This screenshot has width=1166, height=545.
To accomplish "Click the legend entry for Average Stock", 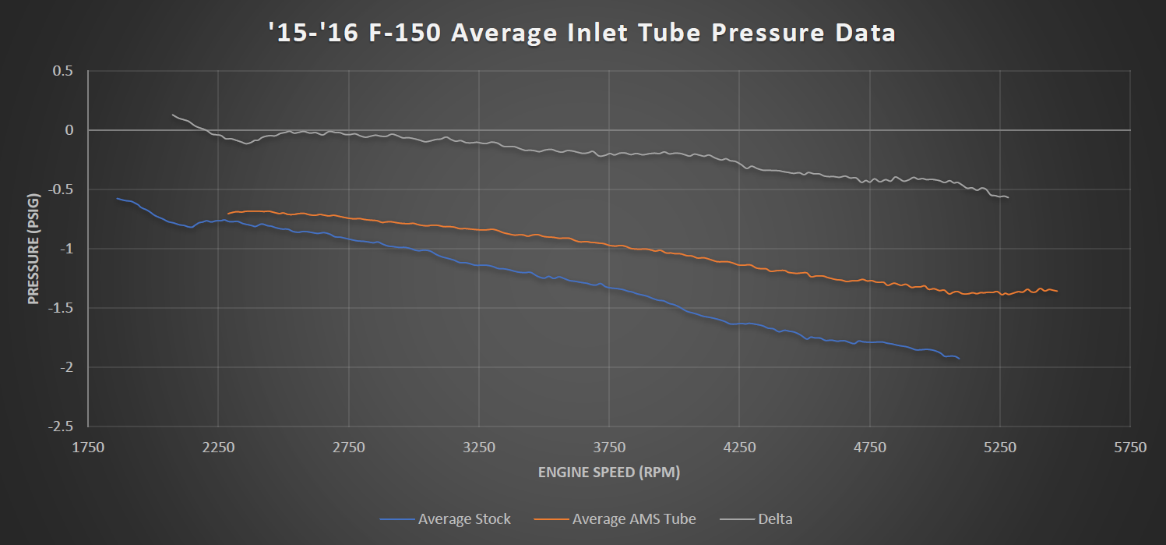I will (x=464, y=518).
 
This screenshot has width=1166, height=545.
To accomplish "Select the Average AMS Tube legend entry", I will (x=633, y=518).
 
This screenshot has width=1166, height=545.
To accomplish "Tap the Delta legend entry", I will (x=774, y=518).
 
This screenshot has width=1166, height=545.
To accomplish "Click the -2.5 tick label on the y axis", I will (x=61, y=426).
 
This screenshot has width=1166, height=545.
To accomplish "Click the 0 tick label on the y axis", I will (x=69, y=130).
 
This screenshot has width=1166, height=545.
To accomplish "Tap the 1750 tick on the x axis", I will (x=88, y=447).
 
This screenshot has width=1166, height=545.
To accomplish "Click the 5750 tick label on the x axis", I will (x=1130, y=447).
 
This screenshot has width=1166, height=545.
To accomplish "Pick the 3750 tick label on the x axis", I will (x=609, y=447).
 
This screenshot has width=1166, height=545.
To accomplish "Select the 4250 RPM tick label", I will (x=739, y=447).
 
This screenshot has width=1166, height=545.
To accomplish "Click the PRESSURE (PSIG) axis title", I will (x=33, y=248).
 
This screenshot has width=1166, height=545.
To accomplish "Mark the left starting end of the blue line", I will (x=117, y=198).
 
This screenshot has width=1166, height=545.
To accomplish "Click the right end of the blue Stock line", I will (x=959, y=358).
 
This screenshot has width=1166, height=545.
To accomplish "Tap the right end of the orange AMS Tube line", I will (x=1057, y=291).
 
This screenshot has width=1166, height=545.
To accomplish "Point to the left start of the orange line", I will (x=228, y=213).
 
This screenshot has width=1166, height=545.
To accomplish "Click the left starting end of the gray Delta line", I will (x=172, y=115).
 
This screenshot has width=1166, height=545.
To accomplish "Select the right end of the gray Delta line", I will (x=1008, y=197).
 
